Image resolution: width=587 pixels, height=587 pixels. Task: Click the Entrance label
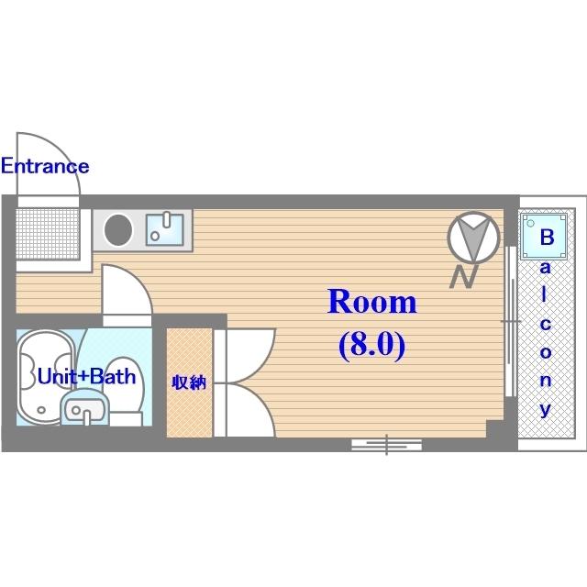tap(45, 166)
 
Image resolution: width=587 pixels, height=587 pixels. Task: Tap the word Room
tap(371, 302)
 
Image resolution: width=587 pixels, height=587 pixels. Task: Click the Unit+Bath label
tap(86, 376)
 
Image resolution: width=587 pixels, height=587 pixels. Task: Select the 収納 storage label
tap(189, 382)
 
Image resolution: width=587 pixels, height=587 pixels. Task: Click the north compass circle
tap(473, 238)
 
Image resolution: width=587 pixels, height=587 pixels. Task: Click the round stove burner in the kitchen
tap(118, 230)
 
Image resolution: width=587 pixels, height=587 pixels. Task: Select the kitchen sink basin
tap(165, 229)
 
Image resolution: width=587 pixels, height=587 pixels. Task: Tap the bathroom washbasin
tap(84, 408)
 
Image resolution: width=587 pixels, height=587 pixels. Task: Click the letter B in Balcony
tap(547, 237)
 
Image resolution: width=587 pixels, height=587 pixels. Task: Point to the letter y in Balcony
tap(546, 409)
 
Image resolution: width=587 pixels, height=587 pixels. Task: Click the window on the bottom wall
tap(387, 444)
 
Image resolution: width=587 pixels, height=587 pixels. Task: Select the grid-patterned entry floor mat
tap(48, 234)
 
